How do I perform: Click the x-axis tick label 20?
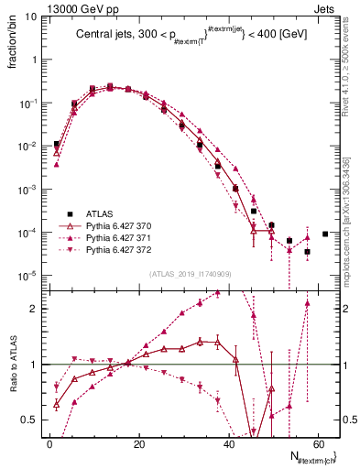139,443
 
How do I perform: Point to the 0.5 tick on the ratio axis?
31,420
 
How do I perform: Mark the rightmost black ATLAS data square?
325,234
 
